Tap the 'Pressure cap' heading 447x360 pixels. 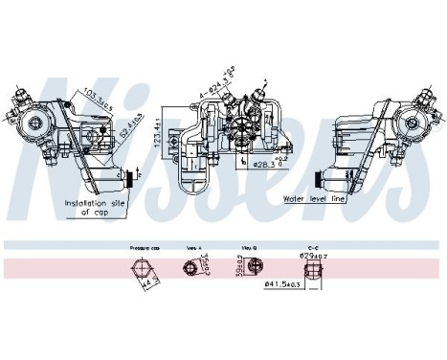point(144,247)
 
